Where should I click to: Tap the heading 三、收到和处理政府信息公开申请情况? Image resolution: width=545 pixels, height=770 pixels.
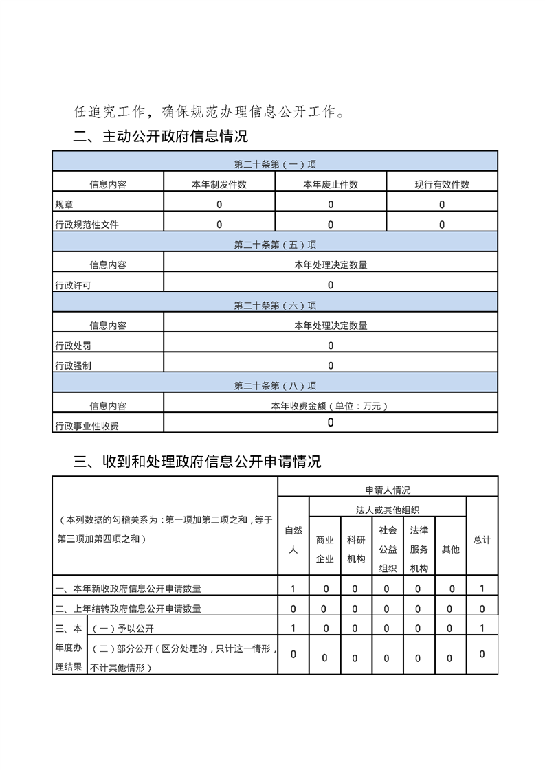pyautogui.click(x=197, y=461)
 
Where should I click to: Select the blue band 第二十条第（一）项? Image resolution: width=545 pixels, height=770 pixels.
pyautogui.click(x=275, y=164)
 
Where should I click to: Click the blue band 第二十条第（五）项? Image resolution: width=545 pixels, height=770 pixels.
pyautogui.click(x=275, y=245)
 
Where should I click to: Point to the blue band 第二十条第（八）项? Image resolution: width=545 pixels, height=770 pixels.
pyautogui.click(x=275, y=386)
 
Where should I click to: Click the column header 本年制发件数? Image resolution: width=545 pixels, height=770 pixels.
pyautogui.click(x=219, y=184)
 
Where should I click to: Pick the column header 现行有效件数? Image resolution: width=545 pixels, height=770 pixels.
pyautogui.click(x=442, y=184)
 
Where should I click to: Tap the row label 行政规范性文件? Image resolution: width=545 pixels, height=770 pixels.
pyautogui.click(x=87, y=225)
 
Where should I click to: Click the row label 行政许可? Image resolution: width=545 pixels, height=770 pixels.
pyautogui.click(x=73, y=285)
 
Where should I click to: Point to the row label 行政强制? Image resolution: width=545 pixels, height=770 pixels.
pyautogui.click(x=73, y=365)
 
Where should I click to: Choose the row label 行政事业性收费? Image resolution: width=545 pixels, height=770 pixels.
pyautogui.click(x=87, y=426)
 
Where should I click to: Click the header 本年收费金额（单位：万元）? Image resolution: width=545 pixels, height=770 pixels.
pyautogui.click(x=331, y=406)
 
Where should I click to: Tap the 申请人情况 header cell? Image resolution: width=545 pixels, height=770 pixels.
pyautogui.click(x=388, y=490)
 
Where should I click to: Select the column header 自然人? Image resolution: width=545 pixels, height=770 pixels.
pyautogui.click(x=293, y=540)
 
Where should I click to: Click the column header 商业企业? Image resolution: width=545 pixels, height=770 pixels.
pyautogui.click(x=324, y=549)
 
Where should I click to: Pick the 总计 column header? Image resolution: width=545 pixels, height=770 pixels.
pyautogui.click(x=482, y=540)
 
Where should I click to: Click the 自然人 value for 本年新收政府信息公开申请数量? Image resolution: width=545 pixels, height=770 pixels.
pyautogui.click(x=293, y=588)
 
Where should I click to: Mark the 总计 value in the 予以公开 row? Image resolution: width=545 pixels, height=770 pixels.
pyautogui.click(x=482, y=628)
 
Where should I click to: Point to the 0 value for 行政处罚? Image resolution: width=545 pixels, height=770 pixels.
pyautogui.click(x=331, y=346)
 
